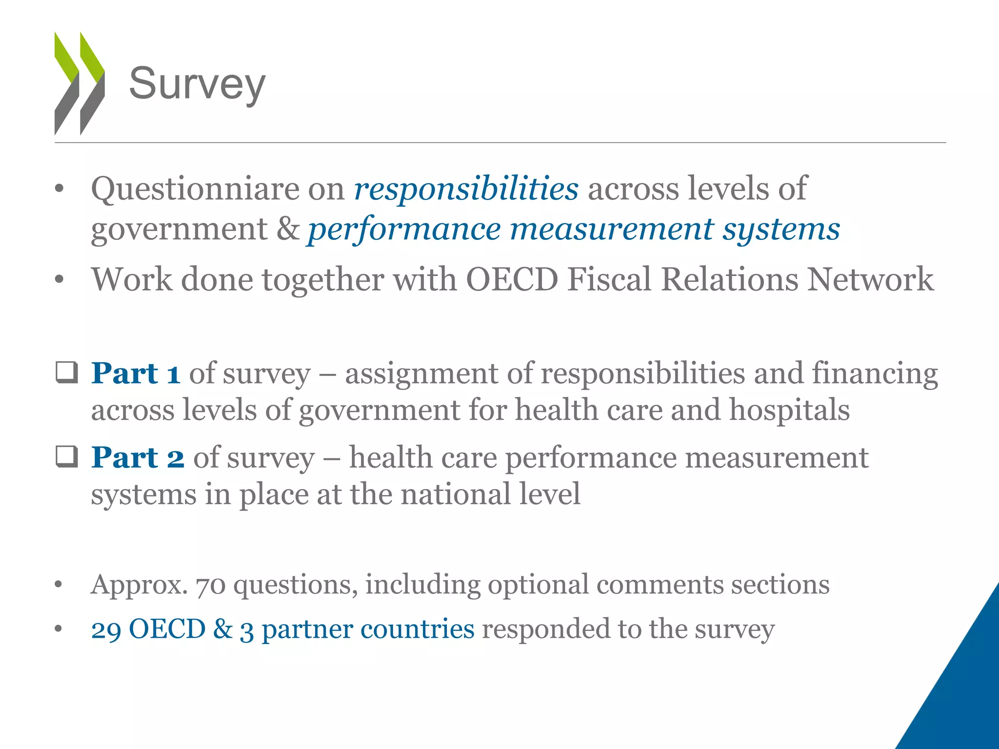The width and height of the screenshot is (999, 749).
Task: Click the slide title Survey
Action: pyautogui.click(x=197, y=84)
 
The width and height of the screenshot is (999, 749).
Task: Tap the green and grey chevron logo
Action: pyautogui.click(x=79, y=83)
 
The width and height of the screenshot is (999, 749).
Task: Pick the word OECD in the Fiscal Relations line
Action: pyautogui.click(x=512, y=279)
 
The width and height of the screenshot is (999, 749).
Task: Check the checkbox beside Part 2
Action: pyautogui.click(x=66, y=457)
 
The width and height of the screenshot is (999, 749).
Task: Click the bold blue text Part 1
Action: pyautogui.click(x=136, y=374)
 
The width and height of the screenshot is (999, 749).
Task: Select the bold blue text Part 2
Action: pyautogui.click(x=138, y=458)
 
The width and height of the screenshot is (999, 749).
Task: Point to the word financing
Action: pyautogui.click(x=875, y=374)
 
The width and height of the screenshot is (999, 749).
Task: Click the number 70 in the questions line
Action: pyautogui.click(x=211, y=585)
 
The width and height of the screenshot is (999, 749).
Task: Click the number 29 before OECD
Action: pyautogui.click(x=106, y=630)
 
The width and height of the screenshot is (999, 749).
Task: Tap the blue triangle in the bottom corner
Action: pyautogui.click(x=961, y=692)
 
